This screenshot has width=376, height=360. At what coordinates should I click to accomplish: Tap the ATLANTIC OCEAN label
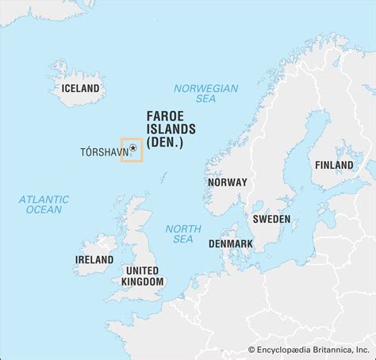point(44,205)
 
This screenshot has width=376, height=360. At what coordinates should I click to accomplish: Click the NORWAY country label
point(227,182)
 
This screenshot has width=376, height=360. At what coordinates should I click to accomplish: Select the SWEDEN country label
point(271,219)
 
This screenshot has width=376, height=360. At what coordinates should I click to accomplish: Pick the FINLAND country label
point(334,165)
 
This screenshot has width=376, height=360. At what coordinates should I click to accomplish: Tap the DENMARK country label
point(231,244)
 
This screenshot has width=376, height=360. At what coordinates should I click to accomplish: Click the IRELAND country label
point(94,260)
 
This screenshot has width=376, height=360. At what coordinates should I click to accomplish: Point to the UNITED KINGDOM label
point(144,276)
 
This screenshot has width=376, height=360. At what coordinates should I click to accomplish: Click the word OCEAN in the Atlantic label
point(44,210)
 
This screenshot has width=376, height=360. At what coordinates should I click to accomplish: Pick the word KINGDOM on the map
point(144,281)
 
